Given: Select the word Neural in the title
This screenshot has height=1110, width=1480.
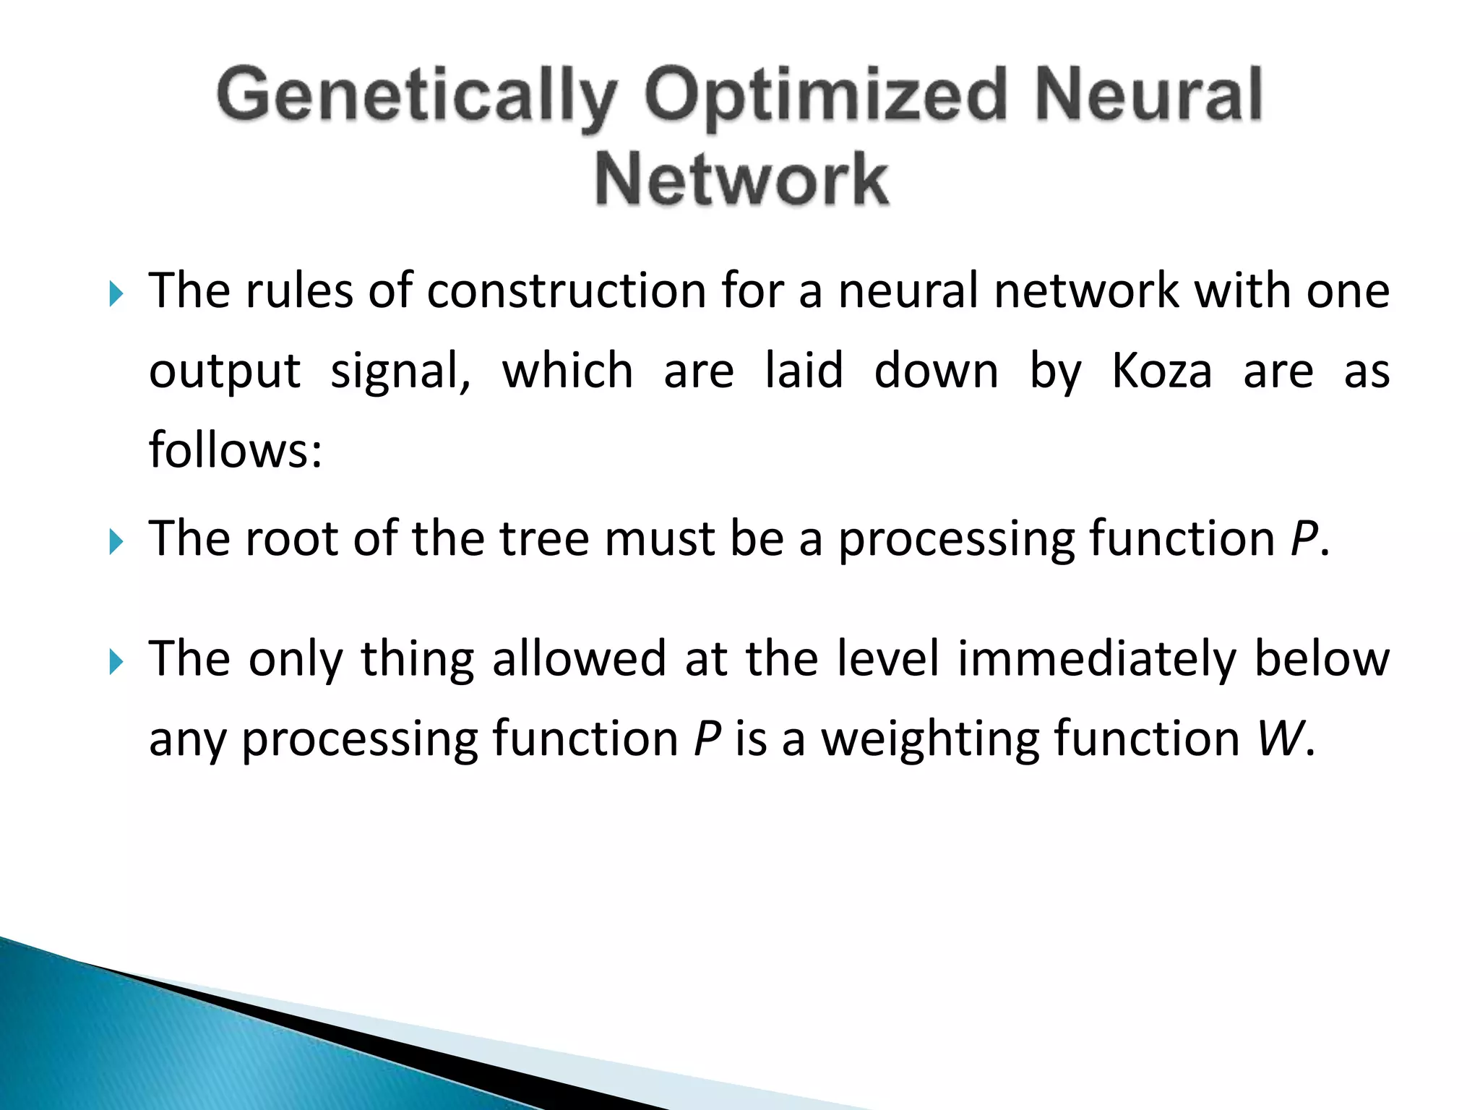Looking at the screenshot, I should [x=1148, y=95].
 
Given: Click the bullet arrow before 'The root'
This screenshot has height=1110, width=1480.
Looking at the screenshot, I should [x=116, y=541].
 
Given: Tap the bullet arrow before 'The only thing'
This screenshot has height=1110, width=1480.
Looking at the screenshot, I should [x=116, y=661].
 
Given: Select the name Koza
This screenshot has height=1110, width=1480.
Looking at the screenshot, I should [x=1161, y=371].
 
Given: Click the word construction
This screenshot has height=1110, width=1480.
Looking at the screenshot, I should [x=566, y=291].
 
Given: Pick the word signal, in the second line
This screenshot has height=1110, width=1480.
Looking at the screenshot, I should [x=400, y=372].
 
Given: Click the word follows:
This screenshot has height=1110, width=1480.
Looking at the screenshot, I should [x=235, y=449].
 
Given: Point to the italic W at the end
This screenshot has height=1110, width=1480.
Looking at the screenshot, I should [x=1281, y=739].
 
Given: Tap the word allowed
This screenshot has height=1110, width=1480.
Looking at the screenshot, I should [x=579, y=659].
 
